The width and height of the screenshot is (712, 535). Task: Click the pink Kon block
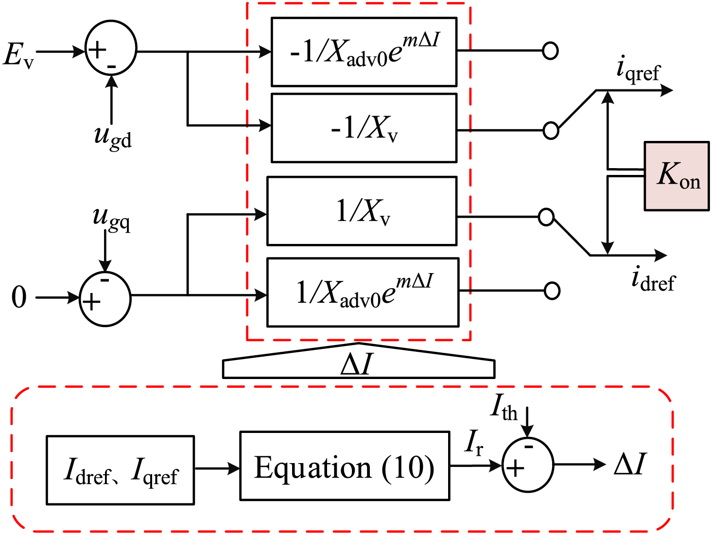(x=677, y=176)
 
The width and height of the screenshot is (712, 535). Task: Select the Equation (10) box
(x=345, y=466)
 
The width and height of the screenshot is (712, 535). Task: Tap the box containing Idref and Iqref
(x=121, y=470)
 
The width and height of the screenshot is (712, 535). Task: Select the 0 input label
(x=19, y=297)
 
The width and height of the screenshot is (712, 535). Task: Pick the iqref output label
(x=638, y=69)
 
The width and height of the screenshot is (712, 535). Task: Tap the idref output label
(x=653, y=279)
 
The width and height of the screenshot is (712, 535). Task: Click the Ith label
(x=504, y=407)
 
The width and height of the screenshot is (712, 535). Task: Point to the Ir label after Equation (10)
(x=473, y=443)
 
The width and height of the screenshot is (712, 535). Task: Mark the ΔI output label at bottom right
(x=630, y=464)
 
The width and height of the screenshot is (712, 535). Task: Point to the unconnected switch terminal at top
(x=550, y=51)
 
